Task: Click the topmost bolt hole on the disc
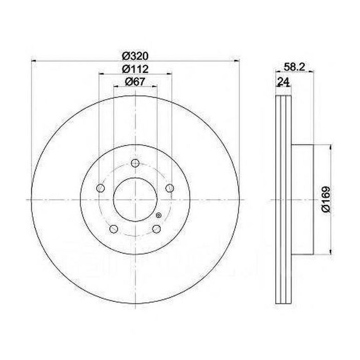click(135, 164)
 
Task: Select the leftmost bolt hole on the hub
click(101, 189)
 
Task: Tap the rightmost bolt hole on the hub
click(169, 189)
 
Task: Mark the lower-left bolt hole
click(114, 229)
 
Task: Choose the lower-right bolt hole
click(156, 229)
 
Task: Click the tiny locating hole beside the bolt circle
click(158, 215)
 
